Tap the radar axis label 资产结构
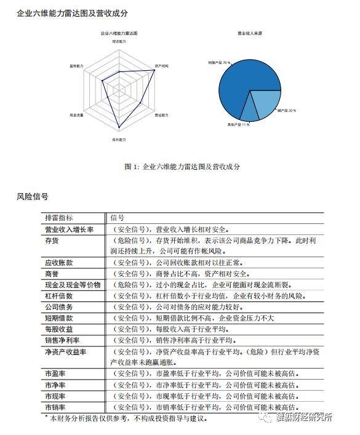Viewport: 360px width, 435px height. tap(162, 65)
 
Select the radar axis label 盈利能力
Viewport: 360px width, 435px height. tap(76, 65)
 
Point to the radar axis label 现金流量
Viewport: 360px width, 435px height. tap(76, 115)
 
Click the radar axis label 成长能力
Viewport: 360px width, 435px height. tap(119, 140)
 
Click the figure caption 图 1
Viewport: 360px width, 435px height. tap(182, 166)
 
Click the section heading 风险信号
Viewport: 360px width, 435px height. tap(33, 198)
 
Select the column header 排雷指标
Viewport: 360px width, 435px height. tap(58, 217)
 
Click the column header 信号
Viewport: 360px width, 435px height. tap(117, 217)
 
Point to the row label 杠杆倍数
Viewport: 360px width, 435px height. tap(58, 296)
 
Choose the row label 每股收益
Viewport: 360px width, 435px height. tap(58, 329)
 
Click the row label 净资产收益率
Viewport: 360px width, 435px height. tap(65, 352)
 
